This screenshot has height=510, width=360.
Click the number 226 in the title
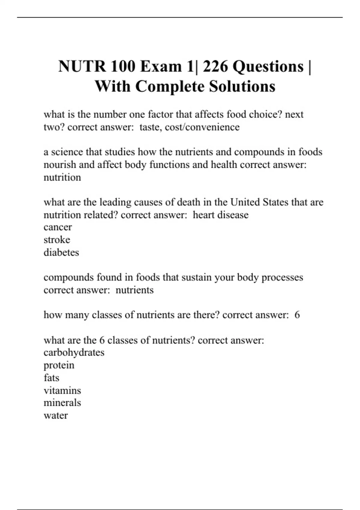coord(215,66)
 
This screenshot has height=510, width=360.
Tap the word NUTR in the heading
coord(82,66)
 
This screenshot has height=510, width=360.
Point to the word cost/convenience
coord(202,127)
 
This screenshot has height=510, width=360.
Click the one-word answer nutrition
coord(62,177)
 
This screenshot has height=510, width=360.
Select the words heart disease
coord(220,215)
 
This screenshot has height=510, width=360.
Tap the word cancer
coord(58,227)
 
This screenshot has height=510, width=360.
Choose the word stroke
coord(57,240)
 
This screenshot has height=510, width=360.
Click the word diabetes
coord(61,252)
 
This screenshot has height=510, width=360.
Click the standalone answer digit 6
coord(297,315)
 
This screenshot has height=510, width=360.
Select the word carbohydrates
coord(74,352)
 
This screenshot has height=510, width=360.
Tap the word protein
coord(59,365)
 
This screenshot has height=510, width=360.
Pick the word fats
coord(51,378)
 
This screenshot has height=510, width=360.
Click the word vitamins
coord(62,390)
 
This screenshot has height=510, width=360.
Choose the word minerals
coord(62,403)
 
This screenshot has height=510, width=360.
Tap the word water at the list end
coord(55,415)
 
